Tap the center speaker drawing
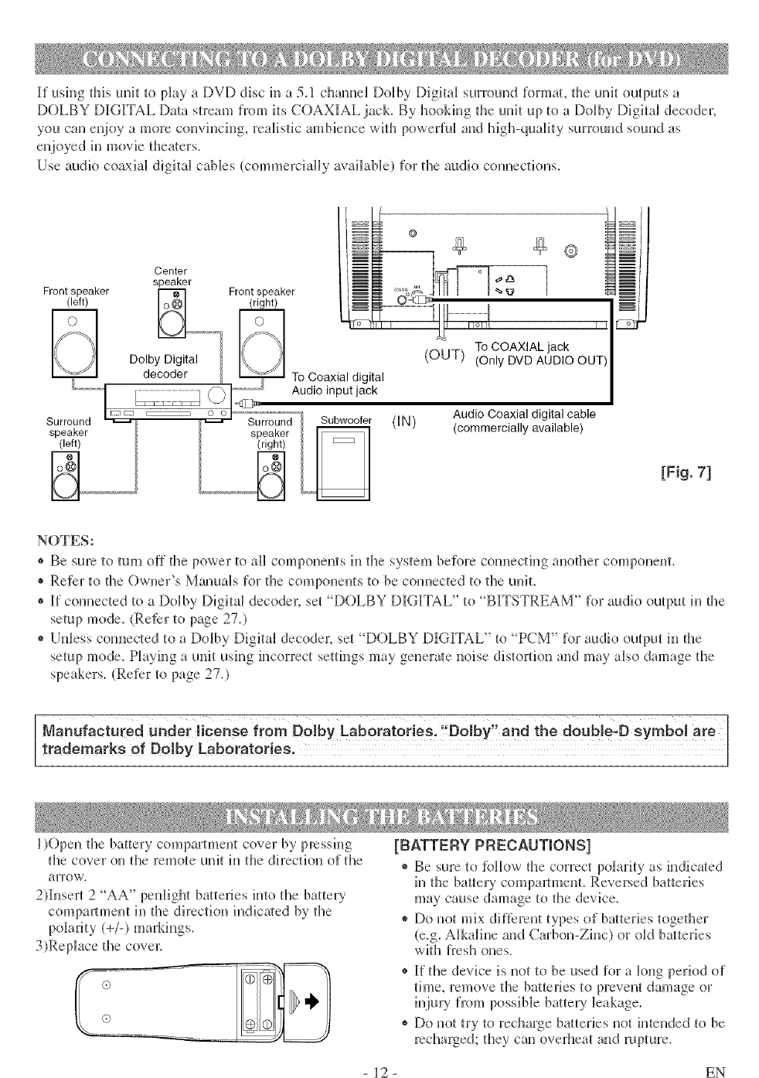click(x=169, y=315)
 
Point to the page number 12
click(x=379, y=1071)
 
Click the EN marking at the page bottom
click(x=715, y=1071)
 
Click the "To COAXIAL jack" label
click(x=522, y=346)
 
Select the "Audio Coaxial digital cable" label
click(x=524, y=414)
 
